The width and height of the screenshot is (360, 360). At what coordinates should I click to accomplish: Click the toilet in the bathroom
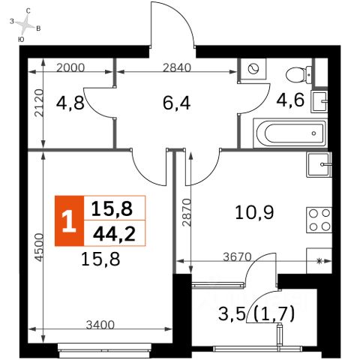299,75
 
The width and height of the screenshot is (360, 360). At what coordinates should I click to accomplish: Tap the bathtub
290,133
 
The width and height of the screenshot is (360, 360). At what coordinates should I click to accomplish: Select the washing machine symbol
253,69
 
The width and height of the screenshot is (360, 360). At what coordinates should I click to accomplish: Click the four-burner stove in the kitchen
319,220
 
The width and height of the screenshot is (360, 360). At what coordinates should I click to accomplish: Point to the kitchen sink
319,164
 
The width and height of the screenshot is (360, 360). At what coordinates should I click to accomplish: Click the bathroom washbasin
319,102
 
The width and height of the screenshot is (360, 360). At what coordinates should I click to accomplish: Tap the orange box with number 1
70,220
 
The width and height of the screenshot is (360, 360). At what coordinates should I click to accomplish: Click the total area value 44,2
114,234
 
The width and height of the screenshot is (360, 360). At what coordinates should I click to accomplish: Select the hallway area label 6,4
176,103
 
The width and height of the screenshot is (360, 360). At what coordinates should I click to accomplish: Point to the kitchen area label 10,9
254,212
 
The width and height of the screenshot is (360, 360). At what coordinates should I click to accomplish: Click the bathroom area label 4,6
290,100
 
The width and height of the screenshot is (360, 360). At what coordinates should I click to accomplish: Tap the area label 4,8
70,103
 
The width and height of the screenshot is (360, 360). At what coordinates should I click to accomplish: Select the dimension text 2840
177,67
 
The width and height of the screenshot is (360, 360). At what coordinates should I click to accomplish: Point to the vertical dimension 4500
39,247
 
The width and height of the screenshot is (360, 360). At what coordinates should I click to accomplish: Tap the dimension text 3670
237,257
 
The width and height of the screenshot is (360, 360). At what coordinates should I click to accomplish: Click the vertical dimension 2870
187,212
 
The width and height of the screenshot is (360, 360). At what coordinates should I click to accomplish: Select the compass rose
25,24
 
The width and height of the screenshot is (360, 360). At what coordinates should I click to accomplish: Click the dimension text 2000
70,67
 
